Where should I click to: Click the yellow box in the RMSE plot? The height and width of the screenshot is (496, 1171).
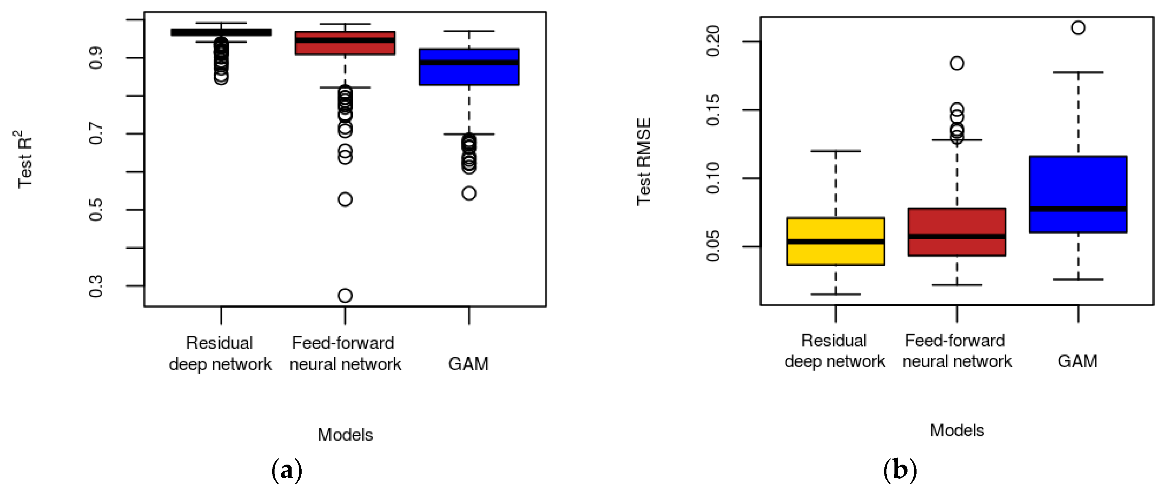click(x=836, y=254)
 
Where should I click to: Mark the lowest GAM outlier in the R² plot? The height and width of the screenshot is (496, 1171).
click(x=469, y=194)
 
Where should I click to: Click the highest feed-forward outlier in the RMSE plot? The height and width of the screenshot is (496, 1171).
click(x=957, y=63)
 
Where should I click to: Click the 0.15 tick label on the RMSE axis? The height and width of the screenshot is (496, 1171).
click(x=713, y=110)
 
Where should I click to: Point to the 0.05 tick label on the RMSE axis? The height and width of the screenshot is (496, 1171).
click(x=713, y=246)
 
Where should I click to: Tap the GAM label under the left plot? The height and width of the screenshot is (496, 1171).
click(x=468, y=364)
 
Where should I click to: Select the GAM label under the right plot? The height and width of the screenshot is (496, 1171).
click(x=1077, y=361)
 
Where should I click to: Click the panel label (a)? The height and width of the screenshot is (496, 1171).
click(x=286, y=471)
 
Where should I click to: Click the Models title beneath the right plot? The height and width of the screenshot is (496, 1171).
click(x=957, y=430)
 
